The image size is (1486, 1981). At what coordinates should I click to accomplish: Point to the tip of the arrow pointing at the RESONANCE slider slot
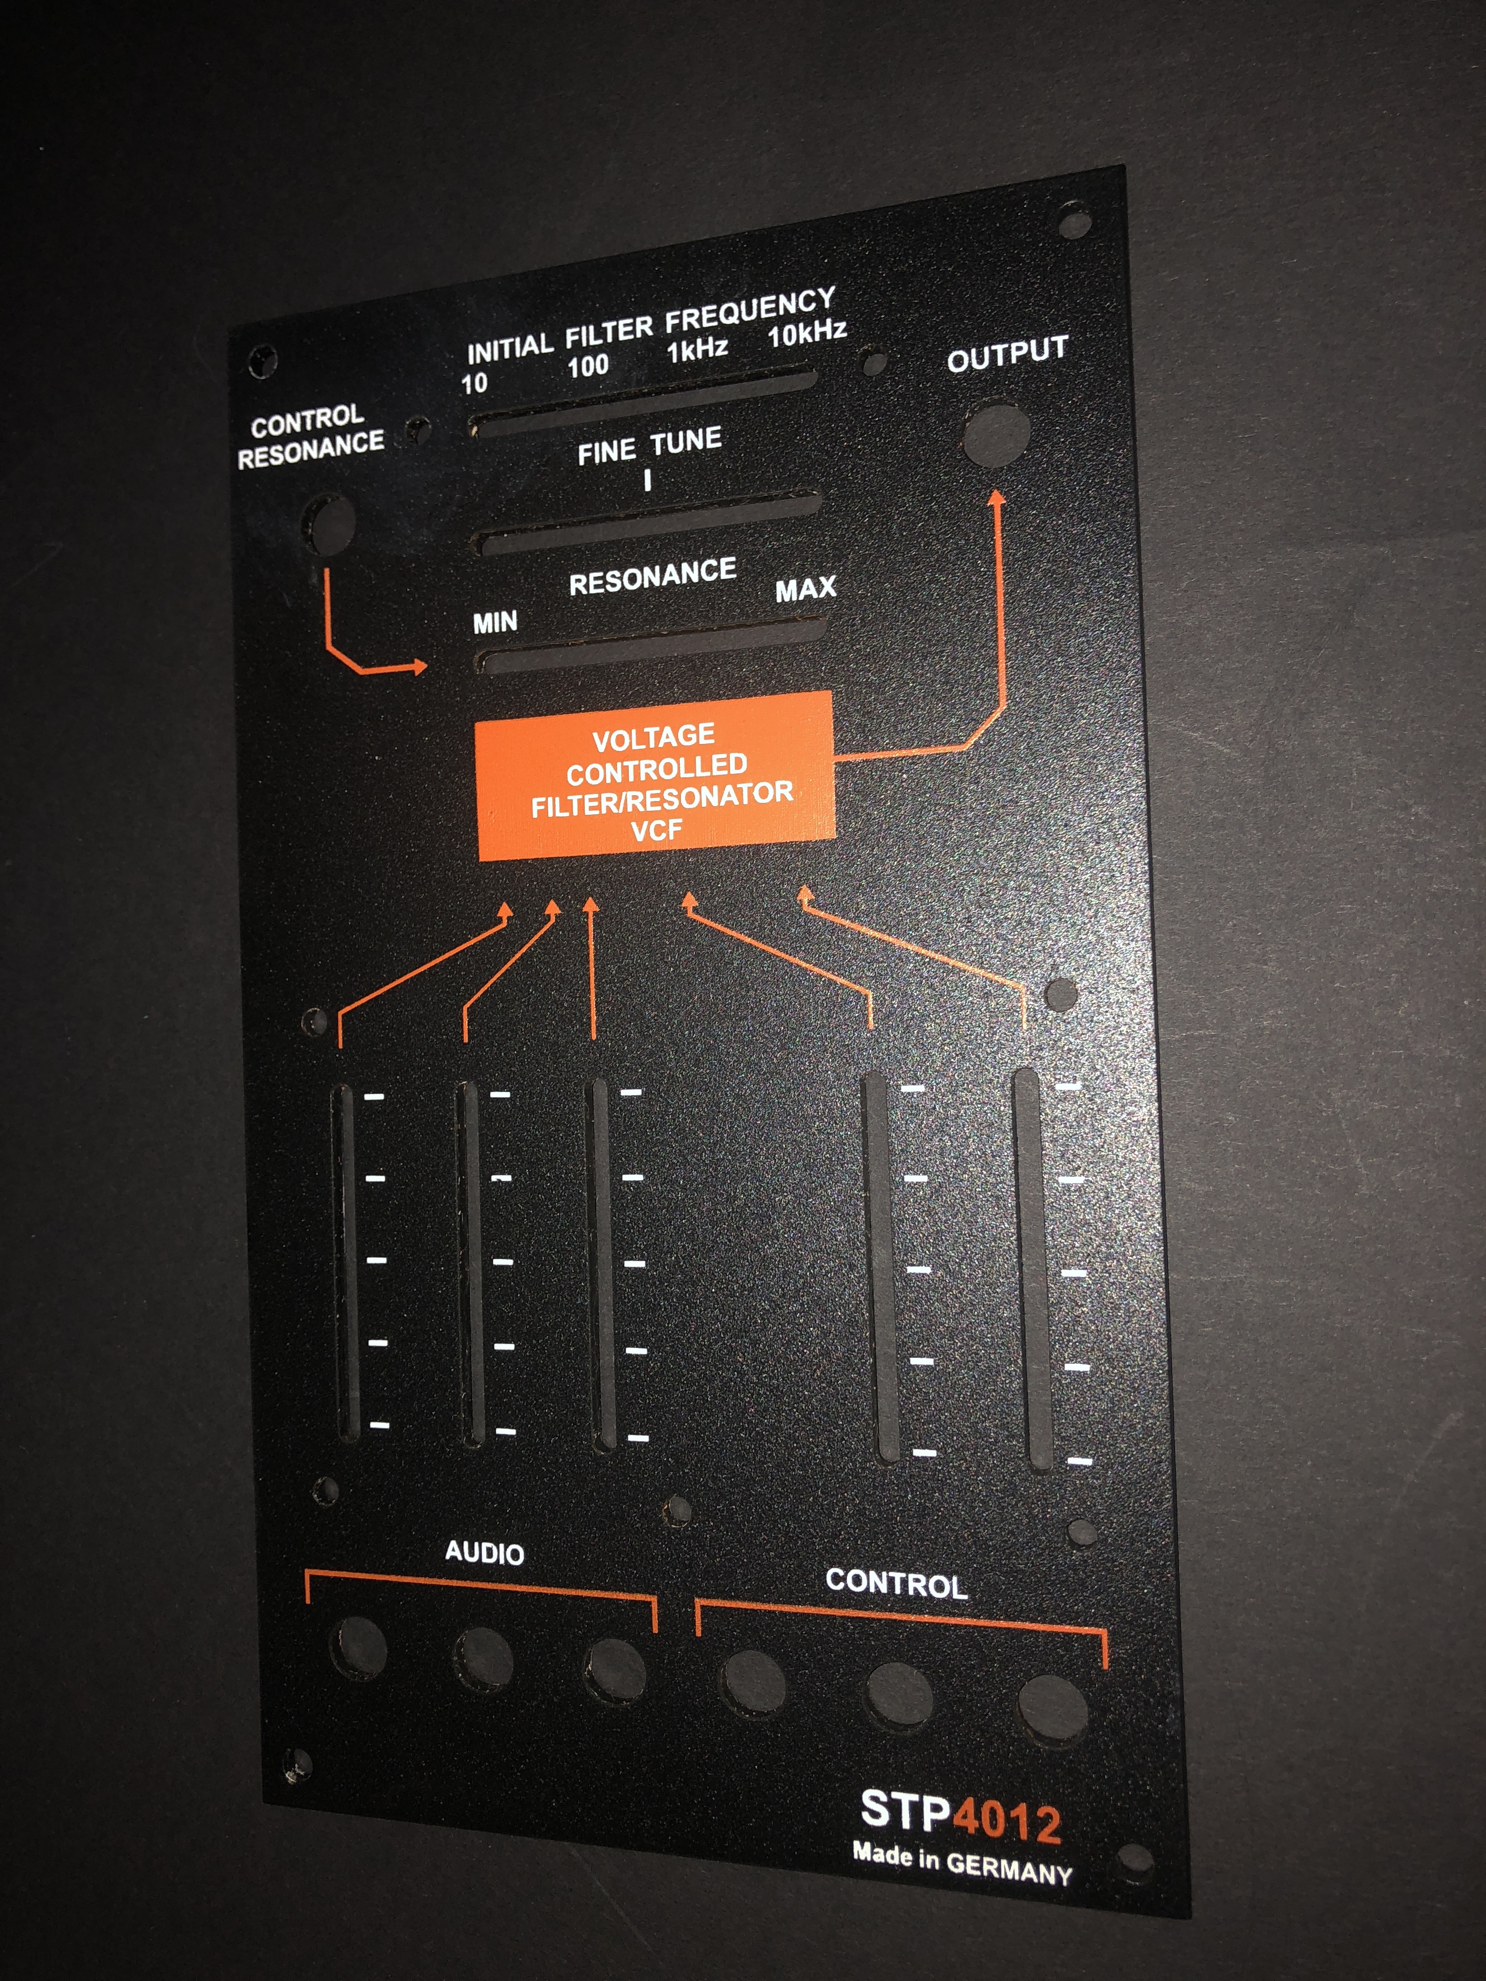pos(427,666)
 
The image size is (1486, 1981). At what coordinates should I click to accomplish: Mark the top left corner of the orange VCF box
pos(475,725)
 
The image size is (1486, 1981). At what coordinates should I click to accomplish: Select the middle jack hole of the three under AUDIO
pos(484,1658)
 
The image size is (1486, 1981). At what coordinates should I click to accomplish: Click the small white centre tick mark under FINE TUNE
pos(647,481)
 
